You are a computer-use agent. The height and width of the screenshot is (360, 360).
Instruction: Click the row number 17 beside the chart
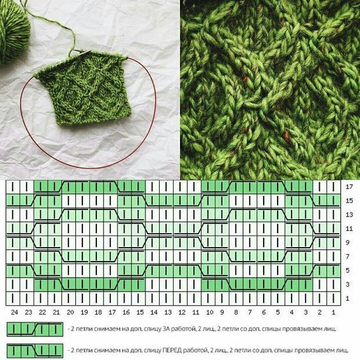click(349, 187)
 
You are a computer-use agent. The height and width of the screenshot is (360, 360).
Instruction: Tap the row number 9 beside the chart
click(348, 243)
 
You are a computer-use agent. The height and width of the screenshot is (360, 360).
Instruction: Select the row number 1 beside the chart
click(348, 298)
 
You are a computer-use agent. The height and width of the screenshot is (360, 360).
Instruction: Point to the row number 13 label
click(349, 214)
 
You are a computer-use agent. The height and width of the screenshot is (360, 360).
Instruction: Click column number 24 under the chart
click(14, 312)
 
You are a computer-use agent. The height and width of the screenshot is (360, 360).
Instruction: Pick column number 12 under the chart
click(182, 312)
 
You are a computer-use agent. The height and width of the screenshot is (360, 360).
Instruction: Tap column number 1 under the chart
click(333, 312)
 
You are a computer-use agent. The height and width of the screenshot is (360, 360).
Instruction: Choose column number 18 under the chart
click(98, 312)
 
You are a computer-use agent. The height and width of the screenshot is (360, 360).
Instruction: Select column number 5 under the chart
click(278, 312)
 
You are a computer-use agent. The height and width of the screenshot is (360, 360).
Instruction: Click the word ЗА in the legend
click(167, 329)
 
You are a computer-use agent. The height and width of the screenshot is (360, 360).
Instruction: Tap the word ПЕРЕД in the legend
click(172, 350)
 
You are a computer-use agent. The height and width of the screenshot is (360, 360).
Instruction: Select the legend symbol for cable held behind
click(35, 329)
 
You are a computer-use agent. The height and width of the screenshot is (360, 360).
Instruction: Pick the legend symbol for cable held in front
click(35, 350)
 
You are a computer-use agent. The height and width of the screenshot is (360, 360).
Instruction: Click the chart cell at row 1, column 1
click(333, 299)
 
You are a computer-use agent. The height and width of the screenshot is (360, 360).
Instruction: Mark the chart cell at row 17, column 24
click(13, 187)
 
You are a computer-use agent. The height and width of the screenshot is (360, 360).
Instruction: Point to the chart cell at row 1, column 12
click(181, 299)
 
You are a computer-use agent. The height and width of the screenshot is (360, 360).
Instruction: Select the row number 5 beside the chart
click(348, 271)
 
